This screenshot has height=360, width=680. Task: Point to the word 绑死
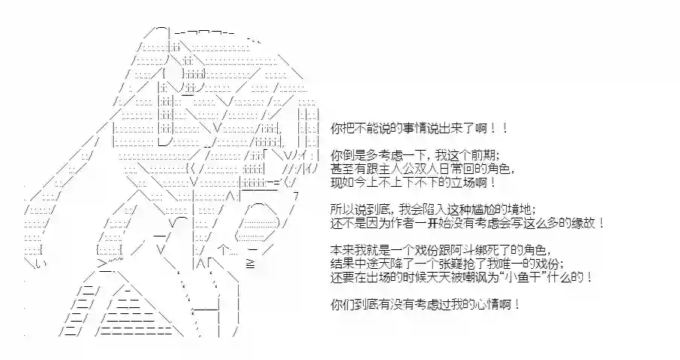click(474, 251)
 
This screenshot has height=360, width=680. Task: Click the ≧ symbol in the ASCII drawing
click(250, 264)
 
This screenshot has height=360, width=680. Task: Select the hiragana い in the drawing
click(39, 264)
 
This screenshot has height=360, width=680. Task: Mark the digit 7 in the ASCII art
click(296, 196)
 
